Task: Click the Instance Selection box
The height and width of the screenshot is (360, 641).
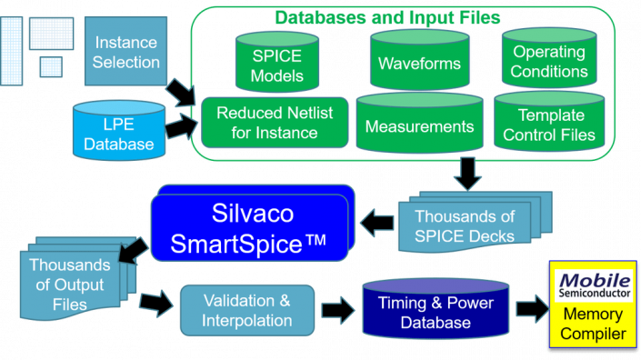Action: pos(126,51)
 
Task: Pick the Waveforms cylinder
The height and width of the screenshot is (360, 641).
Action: pos(419,64)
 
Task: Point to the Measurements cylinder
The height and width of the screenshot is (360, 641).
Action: pos(419,125)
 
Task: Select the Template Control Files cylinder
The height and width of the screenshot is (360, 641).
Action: pos(556,125)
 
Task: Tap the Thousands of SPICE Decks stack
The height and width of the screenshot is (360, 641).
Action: pos(464,226)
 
